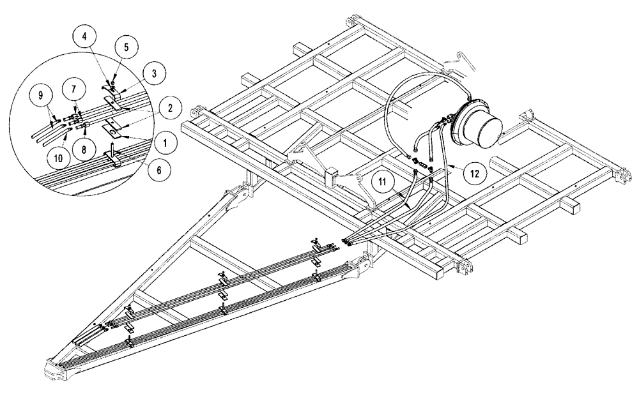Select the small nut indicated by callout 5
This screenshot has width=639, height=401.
tap(112, 85)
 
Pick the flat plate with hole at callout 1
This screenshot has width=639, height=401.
tap(113, 131)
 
